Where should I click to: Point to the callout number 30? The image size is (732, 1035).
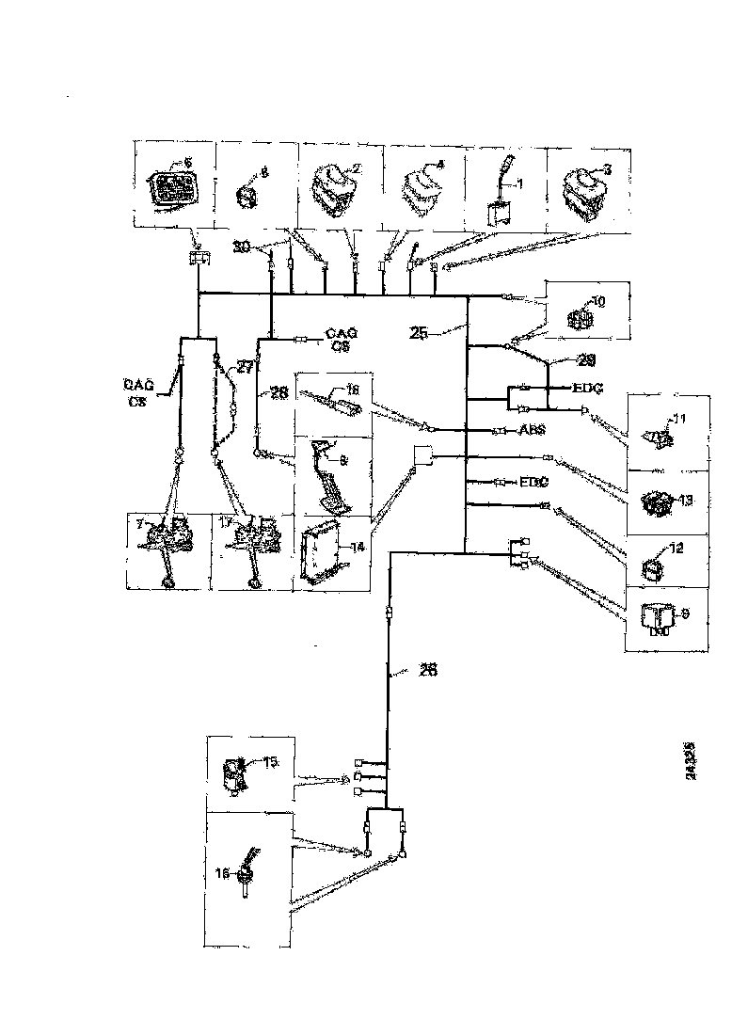(x=242, y=247)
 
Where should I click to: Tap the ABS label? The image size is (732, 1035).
(x=533, y=432)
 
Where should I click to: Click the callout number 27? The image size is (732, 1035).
(x=245, y=370)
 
